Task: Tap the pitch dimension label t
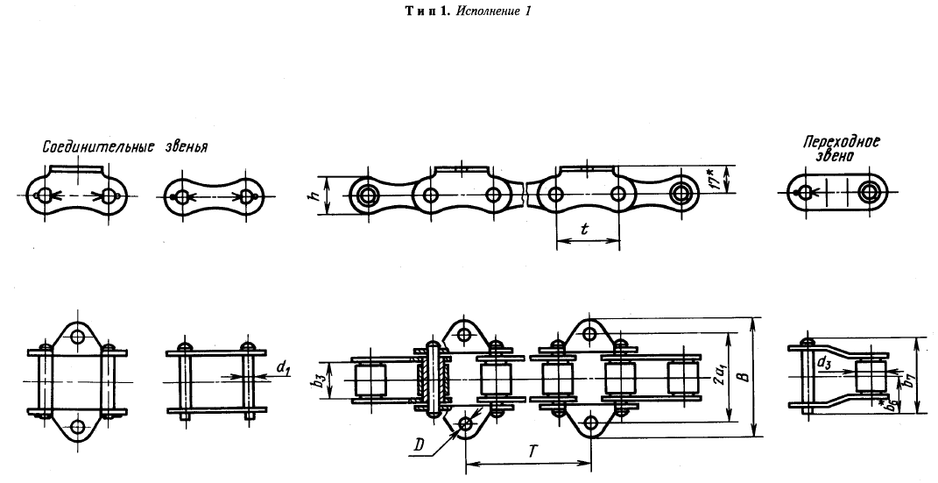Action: coord(585,228)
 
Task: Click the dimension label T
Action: coord(528,452)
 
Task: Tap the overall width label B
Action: coord(743,377)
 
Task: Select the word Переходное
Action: coord(841,142)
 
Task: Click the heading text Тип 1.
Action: coord(428,11)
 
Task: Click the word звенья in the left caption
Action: coord(186,147)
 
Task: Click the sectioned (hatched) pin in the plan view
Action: coord(432,378)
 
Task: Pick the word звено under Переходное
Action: coord(836,156)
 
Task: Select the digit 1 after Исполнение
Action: coord(528,11)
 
